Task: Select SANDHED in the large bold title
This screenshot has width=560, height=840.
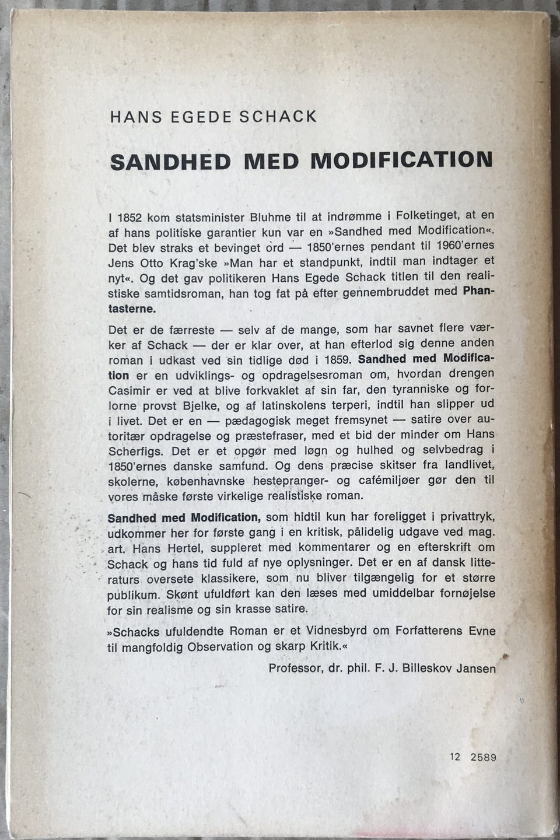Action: click(x=171, y=162)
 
